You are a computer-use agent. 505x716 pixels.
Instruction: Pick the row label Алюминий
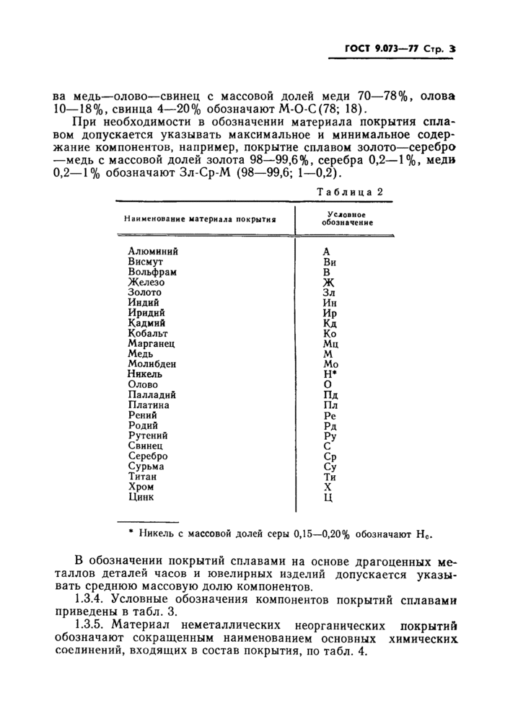[152, 252]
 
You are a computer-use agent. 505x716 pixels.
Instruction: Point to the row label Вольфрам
[152, 272]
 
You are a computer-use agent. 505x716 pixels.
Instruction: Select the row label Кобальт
[148, 334]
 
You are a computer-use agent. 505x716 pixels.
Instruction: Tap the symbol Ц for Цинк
[327, 498]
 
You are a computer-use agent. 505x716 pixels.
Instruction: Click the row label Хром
[141, 487]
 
